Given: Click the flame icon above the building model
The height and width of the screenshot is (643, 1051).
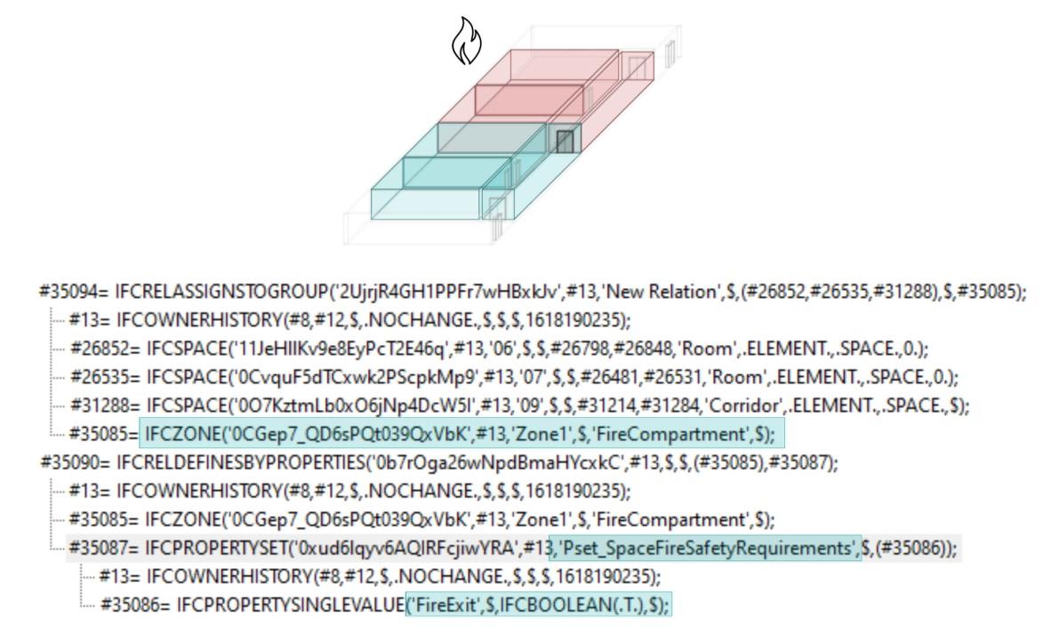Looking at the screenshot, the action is coord(467,43).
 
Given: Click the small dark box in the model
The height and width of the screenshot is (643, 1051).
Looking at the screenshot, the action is coord(564,141).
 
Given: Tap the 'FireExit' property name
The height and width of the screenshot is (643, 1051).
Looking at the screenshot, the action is coord(437,605).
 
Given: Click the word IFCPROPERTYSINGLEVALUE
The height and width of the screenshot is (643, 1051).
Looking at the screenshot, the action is coord(290,605).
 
